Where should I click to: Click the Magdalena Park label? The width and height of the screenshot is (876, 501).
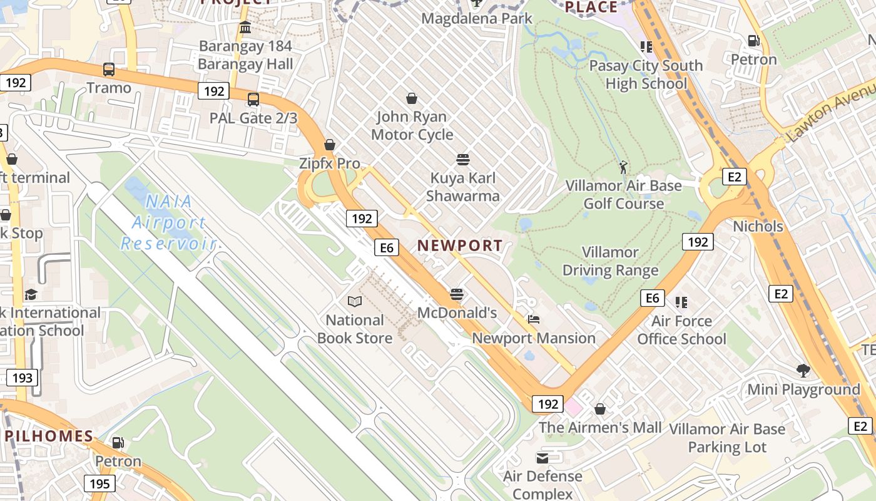coord(476,18)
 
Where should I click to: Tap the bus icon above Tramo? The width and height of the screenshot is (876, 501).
coord(109,69)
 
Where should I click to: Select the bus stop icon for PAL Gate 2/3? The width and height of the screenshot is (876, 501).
coord(253,99)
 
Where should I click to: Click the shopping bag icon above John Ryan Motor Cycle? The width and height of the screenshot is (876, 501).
coord(412,98)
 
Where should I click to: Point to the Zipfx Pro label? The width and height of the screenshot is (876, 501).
coord(330,163)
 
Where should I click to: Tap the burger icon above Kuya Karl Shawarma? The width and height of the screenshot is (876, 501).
coord(463,160)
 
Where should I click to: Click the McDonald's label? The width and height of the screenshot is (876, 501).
coord(457,312)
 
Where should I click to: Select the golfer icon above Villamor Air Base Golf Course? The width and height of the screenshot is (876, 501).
coord(623,167)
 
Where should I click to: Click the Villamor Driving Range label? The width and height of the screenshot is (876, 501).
coord(610,261)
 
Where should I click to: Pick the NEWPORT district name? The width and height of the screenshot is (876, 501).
coord(460,245)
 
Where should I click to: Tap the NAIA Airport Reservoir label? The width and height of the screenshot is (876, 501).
coord(168,222)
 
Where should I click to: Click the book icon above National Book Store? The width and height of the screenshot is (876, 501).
coord(355,302)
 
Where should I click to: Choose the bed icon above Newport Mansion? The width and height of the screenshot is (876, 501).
coord(533,319)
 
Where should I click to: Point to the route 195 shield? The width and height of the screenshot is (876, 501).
coord(99,483)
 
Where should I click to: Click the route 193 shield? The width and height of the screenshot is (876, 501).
coord(22,378)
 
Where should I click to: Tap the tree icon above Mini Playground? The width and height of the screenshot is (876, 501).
coord(803,371)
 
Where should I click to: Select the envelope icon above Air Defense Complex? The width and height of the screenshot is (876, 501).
coord(542,458)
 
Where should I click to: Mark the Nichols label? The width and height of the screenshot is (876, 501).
coord(758,225)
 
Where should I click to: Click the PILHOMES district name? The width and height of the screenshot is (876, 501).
coord(49,436)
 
